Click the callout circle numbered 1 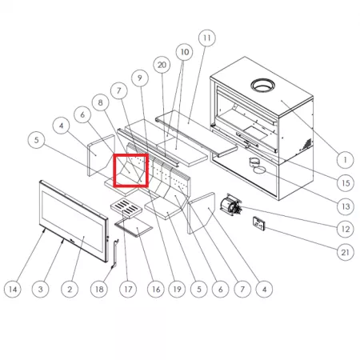click(345, 160)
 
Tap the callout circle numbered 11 click(207, 38)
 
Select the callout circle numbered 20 click(162, 65)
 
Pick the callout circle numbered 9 click(140, 78)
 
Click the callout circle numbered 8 click(100, 102)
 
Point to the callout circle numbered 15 click(346, 183)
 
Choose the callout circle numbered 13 click(346, 206)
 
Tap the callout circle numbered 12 click(346, 229)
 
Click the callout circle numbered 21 click(346, 252)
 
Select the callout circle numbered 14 click(13, 289)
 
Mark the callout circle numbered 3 click(41, 289)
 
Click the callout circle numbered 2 click(70, 289)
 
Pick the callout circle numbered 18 click(99, 289)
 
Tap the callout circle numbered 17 click(128, 289)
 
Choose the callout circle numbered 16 click(156, 289)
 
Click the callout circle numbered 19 click(177, 289)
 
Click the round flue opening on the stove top click(263, 86)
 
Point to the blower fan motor click(231, 205)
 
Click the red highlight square click(131, 170)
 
